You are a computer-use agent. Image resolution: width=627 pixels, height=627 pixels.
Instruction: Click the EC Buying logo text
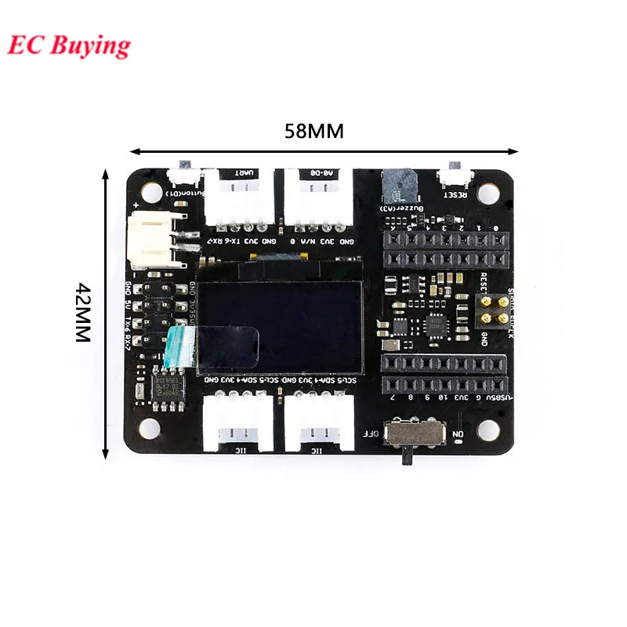tap(69, 46)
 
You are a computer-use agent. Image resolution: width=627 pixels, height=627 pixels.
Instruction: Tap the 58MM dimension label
tap(313, 131)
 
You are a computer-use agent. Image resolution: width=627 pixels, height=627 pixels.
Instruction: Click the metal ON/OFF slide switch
tap(415, 434)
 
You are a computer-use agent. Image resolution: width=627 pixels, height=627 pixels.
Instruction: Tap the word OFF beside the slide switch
tap(371, 433)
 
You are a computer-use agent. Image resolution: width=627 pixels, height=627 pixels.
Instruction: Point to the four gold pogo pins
tap(492, 309)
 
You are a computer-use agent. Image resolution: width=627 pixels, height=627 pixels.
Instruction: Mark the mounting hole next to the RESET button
tap(490, 191)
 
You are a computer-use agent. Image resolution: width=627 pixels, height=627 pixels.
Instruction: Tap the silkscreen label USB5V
tap(499, 398)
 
